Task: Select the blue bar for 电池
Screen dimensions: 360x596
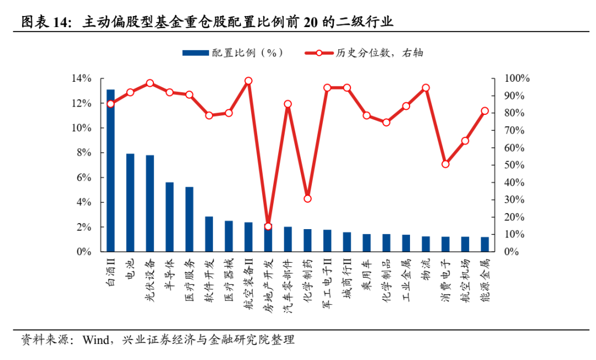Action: pyautogui.click(x=130, y=202)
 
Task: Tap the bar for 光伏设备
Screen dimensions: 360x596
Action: pyautogui.click(x=150, y=203)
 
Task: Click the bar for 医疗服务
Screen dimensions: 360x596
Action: pyautogui.click(x=189, y=219)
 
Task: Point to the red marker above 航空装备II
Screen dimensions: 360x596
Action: pyautogui.click(x=248, y=81)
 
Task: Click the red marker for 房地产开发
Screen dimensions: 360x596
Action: pyautogui.click(x=268, y=226)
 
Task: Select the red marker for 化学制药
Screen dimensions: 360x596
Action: pyautogui.click(x=307, y=199)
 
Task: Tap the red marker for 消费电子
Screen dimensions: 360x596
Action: pyautogui.click(x=445, y=164)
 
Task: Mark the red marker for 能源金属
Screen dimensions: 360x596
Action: pyautogui.click(x=485, y=111)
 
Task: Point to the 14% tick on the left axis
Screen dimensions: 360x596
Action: pyautogui.click(x=81, y=78)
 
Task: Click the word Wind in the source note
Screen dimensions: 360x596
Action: pyautogui.click(x=95, y=340)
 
